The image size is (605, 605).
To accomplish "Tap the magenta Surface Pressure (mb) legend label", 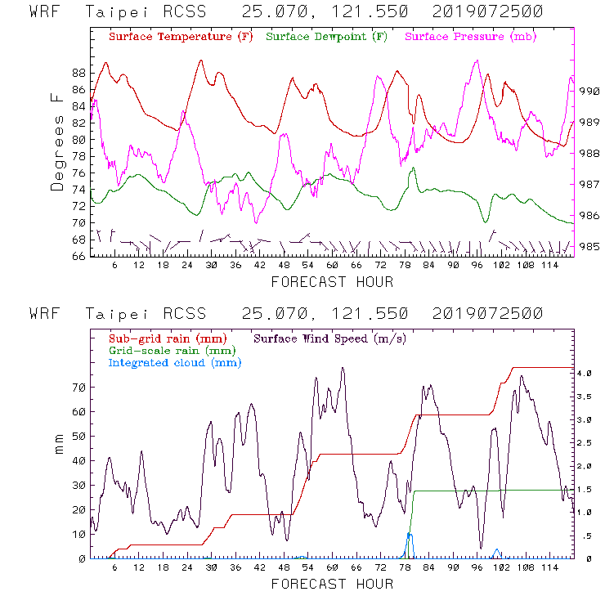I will (470, 38).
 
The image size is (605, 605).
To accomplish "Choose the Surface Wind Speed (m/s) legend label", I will (330, 338).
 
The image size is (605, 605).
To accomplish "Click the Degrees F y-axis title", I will (56, 141).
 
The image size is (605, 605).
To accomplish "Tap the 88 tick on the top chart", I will (78, 72).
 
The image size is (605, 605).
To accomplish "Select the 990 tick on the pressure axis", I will (589, 92).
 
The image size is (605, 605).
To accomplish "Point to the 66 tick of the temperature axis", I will (78, 257).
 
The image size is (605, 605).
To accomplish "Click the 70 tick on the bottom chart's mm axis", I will (78, 387).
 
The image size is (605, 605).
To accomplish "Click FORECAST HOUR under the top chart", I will (331, 282).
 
